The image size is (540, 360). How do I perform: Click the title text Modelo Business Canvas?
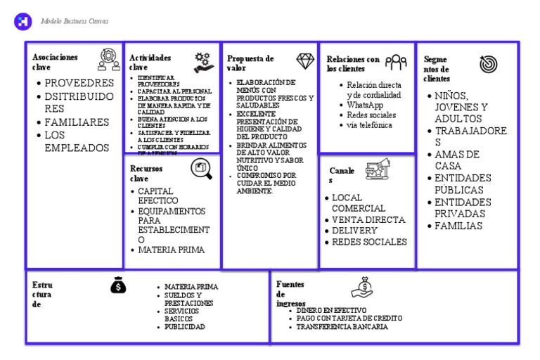74,21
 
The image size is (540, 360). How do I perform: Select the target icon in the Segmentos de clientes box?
487,65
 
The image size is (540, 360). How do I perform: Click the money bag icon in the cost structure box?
118,285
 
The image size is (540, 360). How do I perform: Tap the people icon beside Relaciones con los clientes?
397,63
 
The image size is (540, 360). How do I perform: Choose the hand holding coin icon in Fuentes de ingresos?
366,286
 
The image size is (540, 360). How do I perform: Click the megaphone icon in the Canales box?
378,171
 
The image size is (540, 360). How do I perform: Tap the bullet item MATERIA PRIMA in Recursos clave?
172,250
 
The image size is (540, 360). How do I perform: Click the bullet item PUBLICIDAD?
185,327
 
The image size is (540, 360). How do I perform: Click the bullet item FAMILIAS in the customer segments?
458,226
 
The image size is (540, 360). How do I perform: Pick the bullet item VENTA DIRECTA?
368,219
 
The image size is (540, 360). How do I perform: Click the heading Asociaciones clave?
54,62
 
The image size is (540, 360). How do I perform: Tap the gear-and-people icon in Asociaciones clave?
108,60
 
